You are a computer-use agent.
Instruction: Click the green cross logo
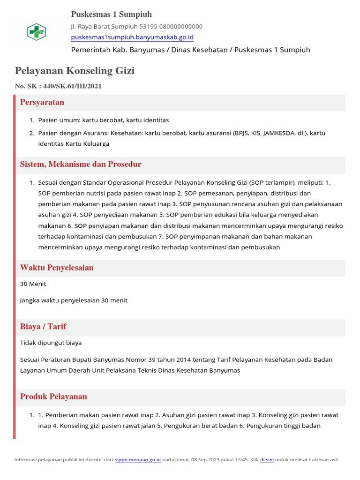point(36,32)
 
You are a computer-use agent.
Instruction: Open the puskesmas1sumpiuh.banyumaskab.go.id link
point(132,37)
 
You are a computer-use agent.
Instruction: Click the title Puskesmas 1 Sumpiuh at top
point(111,14)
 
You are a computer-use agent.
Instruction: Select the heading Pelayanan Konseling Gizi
point(75,71)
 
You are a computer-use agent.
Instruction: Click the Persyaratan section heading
point(42,102)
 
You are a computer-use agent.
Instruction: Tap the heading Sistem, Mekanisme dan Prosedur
point(81,164)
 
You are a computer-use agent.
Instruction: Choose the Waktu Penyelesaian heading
point(57,268)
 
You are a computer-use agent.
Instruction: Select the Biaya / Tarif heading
point(43,326)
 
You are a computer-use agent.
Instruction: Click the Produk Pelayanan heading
point(53,397)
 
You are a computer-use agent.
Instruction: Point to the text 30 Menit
point(33,284)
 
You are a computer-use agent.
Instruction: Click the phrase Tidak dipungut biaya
point(51,343)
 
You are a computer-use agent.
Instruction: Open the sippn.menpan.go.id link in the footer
point(138,460)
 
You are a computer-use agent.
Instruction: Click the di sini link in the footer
point(267,460)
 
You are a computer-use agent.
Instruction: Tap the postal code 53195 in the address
point(149,26)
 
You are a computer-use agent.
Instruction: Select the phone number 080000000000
point(181,26)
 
